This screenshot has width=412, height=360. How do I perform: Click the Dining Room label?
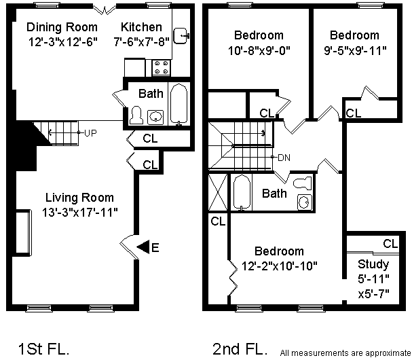tap(62, 27)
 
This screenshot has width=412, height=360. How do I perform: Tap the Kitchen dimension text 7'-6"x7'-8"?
tap(141, 41)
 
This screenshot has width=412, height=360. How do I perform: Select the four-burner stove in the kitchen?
tap(161, 67)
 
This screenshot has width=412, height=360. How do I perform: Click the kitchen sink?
tap(181, 36)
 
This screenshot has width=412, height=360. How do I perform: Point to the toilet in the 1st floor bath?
tap(136, 115)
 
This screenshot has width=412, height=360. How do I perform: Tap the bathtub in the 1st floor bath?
tap(179, 104)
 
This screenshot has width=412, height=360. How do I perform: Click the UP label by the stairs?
tap(90, 133)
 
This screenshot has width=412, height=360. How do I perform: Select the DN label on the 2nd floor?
tap(284, 158)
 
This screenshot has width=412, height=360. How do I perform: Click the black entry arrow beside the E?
tap(143, 247)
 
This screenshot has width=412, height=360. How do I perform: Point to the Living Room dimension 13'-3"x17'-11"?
tap(80, 212)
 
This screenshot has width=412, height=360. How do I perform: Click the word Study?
tap(373, 264)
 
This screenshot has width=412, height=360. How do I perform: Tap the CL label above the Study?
tap(390, 244)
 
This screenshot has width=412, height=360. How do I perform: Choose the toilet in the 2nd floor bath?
tap(303, 183)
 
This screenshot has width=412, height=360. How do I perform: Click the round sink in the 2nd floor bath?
tap(305, 202)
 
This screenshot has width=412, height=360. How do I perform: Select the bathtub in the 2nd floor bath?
tap(242, 192)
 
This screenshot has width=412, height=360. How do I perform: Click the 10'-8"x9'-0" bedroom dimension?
tap(259, 50)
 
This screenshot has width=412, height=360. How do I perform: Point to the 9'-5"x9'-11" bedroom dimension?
tap(355, 50)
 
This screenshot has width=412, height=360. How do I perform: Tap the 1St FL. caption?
tap(43, 349)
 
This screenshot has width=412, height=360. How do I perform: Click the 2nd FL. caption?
tap(240, 349)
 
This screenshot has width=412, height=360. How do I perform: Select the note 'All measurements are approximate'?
tap(345, 353)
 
